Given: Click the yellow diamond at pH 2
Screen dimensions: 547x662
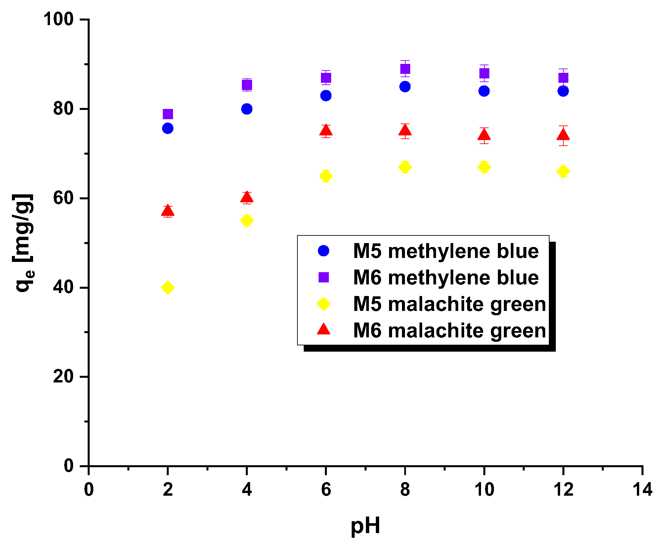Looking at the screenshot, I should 168,287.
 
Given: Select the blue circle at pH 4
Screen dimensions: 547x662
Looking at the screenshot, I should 247,109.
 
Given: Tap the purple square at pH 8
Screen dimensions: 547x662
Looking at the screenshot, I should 405,69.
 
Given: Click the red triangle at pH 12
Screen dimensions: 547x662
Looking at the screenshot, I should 563,135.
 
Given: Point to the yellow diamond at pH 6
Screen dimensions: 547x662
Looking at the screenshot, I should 326,176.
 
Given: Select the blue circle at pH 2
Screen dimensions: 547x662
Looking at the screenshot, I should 168,128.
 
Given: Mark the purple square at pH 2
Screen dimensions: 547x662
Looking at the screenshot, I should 168,114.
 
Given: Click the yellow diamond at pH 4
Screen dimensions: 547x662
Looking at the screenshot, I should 247,220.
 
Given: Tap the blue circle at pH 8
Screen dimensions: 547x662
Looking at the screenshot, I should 405,87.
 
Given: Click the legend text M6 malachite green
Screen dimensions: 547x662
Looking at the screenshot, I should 449,330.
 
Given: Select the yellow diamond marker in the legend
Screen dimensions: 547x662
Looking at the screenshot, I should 324,304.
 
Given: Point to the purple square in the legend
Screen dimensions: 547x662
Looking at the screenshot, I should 324,277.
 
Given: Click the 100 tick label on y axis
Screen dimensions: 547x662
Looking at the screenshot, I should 58,19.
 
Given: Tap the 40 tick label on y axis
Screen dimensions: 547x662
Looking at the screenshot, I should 63,287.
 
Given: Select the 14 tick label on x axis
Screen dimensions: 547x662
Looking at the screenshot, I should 642,489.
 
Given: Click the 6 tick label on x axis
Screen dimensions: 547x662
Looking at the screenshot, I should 326,489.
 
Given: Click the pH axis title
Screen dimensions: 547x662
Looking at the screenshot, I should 365,525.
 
